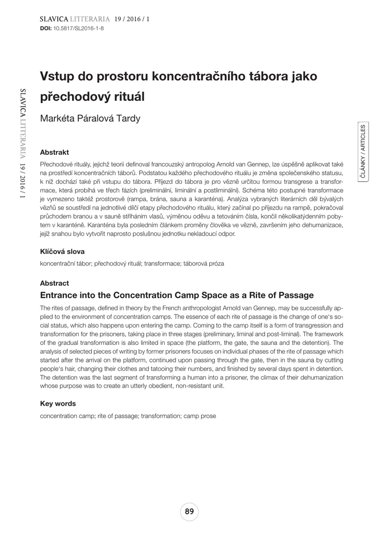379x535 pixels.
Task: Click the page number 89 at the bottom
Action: (x=189, y=511)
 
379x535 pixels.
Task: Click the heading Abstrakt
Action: (x=55, y=153)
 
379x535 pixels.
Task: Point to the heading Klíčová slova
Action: (x=62, y=251)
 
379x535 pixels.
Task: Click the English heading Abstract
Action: (x=54, y=283)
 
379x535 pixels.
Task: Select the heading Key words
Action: (x=58, y=403)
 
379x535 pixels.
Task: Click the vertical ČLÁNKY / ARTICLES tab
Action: (x=363, y=152)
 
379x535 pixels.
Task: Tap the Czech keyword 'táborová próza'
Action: (x=204, y=263)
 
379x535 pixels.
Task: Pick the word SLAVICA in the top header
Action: (x=48, y=19)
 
